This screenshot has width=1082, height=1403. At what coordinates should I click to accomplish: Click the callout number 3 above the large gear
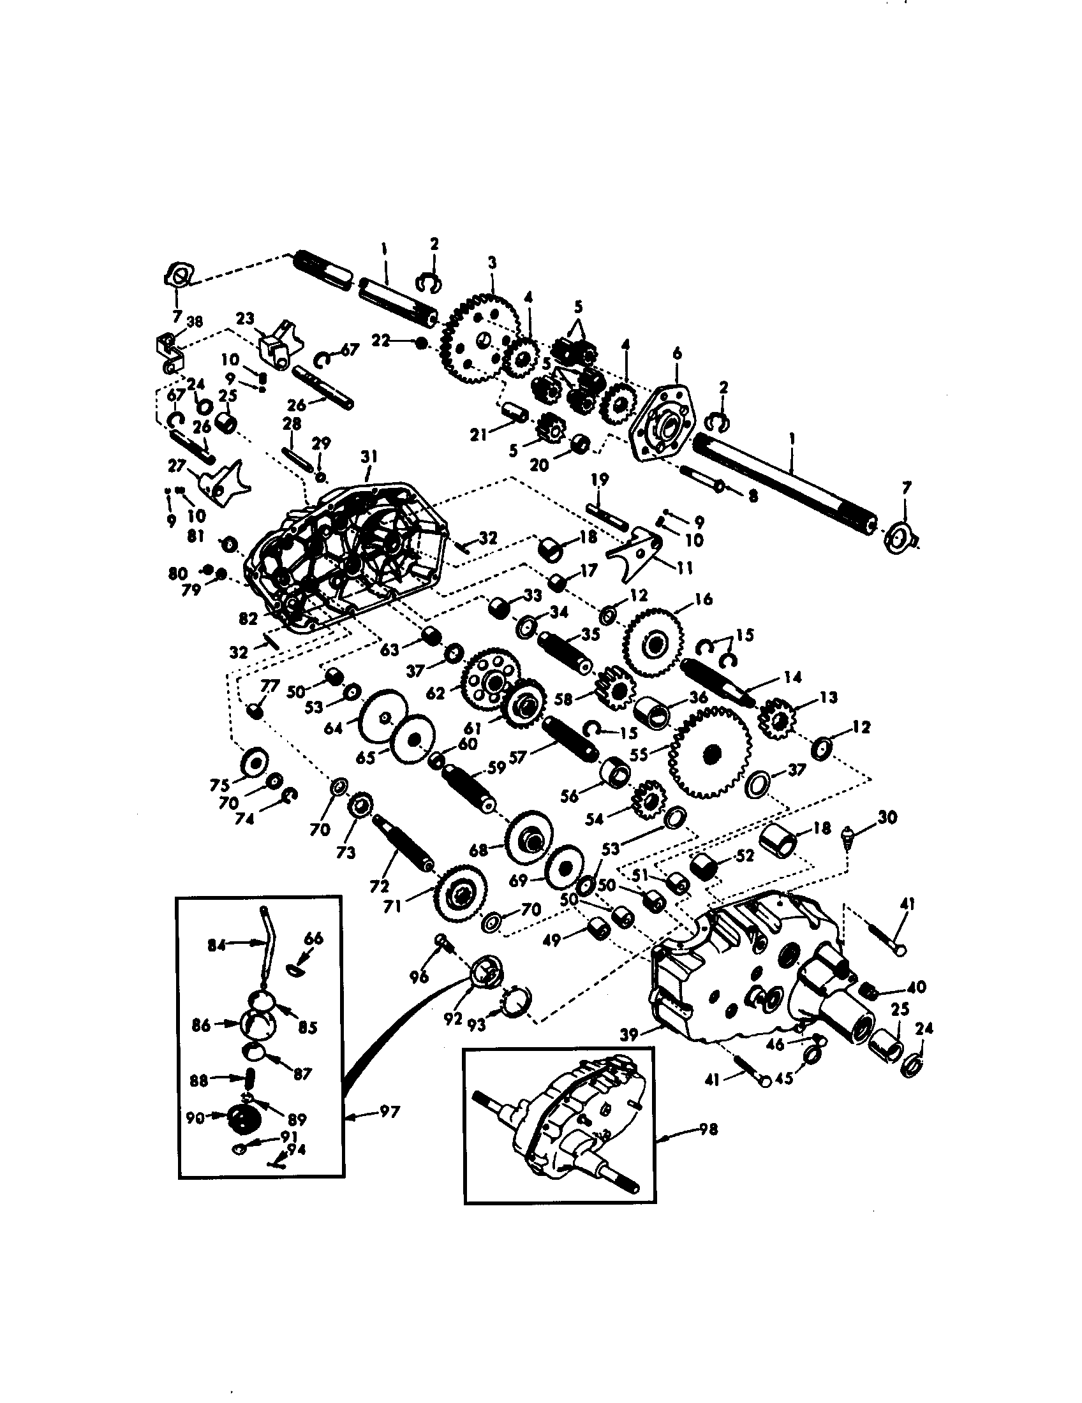pos(492,262)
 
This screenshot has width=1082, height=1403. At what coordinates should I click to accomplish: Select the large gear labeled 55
pos(709,753)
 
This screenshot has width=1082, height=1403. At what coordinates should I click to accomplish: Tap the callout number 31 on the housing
pos(369,457)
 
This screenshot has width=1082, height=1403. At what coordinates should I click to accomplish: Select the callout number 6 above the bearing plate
pos(677,353)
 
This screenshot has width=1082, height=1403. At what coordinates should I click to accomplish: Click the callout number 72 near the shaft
pos(379,886)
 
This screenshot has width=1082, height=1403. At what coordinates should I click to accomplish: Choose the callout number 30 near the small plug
pos(887,817)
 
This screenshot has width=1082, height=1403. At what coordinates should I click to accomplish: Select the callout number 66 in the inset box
pos(313,939)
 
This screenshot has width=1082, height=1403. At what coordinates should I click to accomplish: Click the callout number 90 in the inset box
pos(195,1119)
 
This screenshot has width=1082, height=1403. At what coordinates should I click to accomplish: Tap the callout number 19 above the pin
pos(599,479)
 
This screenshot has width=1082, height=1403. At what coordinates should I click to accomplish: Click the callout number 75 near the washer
pos(220,785)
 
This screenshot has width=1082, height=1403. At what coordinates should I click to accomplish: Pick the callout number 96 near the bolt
pos(419,978)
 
